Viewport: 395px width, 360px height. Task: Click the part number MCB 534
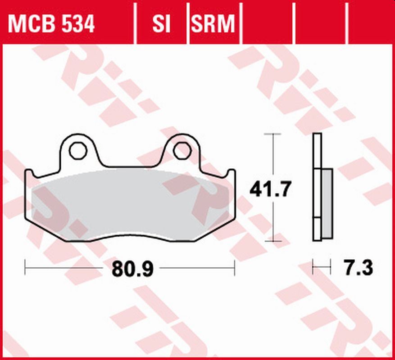tap(51, 24)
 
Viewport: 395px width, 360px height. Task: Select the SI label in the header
tap(161, 24)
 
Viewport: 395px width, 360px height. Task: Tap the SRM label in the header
tap(213, 24)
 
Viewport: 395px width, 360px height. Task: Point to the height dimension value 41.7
tap(271, 189)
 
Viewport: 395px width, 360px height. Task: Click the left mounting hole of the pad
tap(78, 151)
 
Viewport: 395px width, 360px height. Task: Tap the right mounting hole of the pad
tap(182, 151)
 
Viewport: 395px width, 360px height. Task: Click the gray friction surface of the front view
tap(131, 205)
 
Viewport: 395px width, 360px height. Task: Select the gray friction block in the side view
tap(327, 204)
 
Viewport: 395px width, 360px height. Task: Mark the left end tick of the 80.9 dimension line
tap(25, 268)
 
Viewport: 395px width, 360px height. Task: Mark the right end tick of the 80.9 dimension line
tap(234, 268)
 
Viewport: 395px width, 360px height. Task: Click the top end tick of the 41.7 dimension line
tap(272, 134)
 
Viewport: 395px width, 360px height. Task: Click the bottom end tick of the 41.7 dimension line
tap(272, 241)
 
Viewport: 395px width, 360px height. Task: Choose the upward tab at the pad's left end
tap(29, 173)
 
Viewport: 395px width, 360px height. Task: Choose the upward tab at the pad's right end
tap(232, 173)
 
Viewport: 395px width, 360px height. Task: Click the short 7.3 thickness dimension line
tap(322, 268)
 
